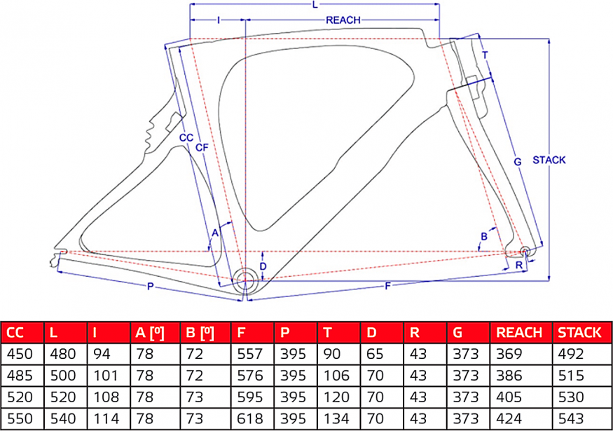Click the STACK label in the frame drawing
(x=549, y=160)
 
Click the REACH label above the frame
(x=343, y=20)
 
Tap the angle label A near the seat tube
(x=216, y=231)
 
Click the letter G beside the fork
(x=517, y=162)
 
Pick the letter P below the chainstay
(x=151, y=286)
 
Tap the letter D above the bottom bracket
(x=263, y=266)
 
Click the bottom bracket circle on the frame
(x=246, y=279)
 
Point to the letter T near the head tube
(x=485, y=55)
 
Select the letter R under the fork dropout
(x=518, y=265)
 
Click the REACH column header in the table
(x=518, y=333)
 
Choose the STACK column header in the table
(x=579, y=333)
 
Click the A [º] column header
(x=149, y=333)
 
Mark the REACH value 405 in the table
(x=510, y=397)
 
